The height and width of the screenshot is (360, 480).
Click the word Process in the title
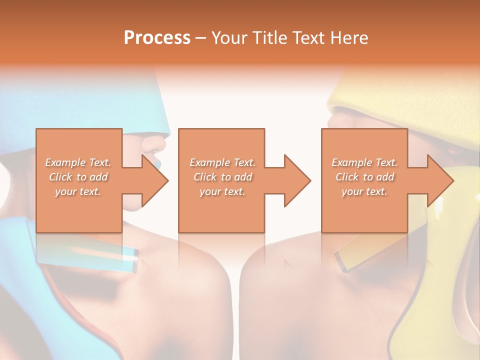point(157,38)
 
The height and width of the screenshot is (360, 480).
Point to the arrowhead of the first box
point(155,180)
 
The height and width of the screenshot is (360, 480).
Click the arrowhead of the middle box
point(297,180)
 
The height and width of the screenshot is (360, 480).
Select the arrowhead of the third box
point(440,180)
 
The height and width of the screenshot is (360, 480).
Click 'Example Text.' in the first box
point(78,162)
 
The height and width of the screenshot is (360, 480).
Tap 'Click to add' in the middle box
point(222,177)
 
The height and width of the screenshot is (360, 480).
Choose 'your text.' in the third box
point(364,191)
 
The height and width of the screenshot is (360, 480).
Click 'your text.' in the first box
point(78,191)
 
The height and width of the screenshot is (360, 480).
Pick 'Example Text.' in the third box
point(364,162)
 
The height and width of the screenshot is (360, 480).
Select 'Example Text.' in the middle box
point(222,162)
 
